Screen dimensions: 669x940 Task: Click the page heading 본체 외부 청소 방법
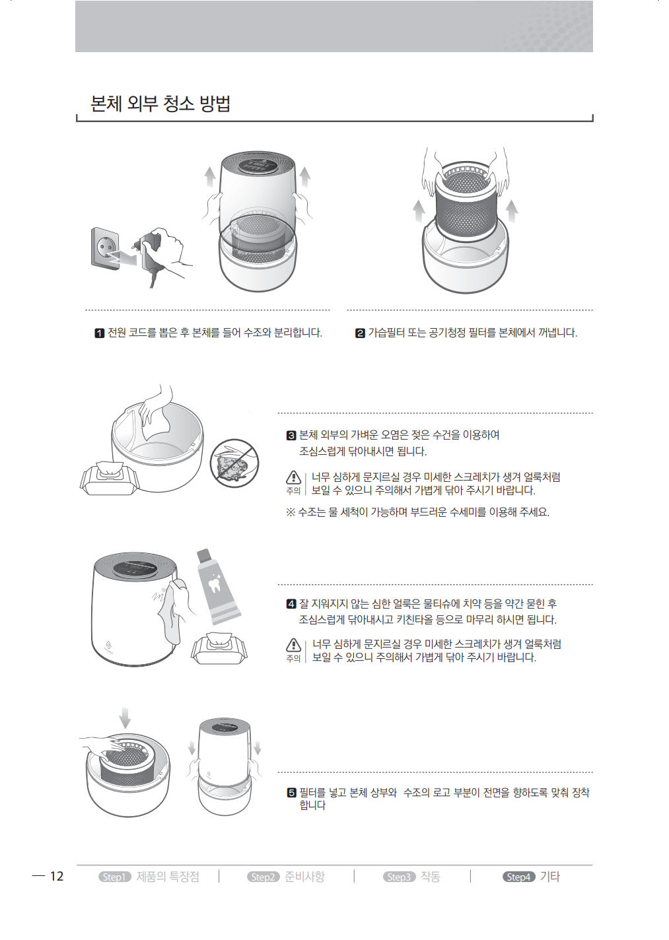[x=160, y=103]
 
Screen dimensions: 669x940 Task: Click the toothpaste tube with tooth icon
[x=218, y=586]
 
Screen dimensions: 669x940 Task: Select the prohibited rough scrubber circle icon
[x=234, y=463]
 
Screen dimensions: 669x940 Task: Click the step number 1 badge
[x=100, y=333]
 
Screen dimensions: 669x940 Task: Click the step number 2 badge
[x=360, y=333]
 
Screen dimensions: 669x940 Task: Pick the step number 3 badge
[x=291, y=435]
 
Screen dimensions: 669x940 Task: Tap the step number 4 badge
[x=291, y=604]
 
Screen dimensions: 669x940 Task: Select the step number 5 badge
[x=291, y=793]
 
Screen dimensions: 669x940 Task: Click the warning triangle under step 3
[x=293, y=477]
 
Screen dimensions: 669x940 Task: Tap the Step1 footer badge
[x=115, y=877]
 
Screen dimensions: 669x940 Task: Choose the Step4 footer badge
[x=519, y=877]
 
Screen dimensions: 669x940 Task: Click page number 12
[x=57, y=876]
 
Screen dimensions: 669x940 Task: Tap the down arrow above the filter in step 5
[x=125, y=718]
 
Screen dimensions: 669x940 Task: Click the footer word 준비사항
[x=304, y=877]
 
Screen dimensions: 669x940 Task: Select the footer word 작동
[x=430, y=877]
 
